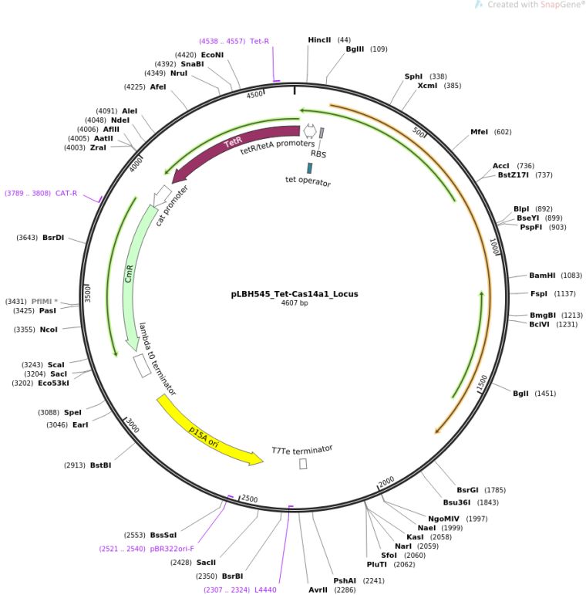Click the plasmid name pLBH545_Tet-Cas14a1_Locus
pyautogui.click(x=295, y=294)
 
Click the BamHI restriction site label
pyautogui.click(x=542, y=276)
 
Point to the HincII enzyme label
pyautogui.click(x=319, y=40)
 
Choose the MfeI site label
pyautogui.click(x=479, y=132)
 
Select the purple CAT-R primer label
pyautogui.click(x=66, y=193)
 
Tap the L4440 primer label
pyautogui.click(x=265, y=590)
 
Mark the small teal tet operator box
pyautogui.click(x=310, y=168)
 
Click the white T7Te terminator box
pyautogui.click(x=303, y=463)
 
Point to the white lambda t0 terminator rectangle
pyautogui.click(x=142, y=366)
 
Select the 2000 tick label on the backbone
pyautogui.click(x=386, y=482)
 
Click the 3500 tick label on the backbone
pyautogui.click(x=88, y=295)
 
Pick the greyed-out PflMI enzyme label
pyautogui.click(x=45, y=301)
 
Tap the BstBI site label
pyautogui.click(x=101, y=465)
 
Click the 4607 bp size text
pyautogui.click(x=295, y=303)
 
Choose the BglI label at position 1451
pyautogui.click(x=520, y=394)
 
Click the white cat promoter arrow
pyautogui.click(x=162, y=195)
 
